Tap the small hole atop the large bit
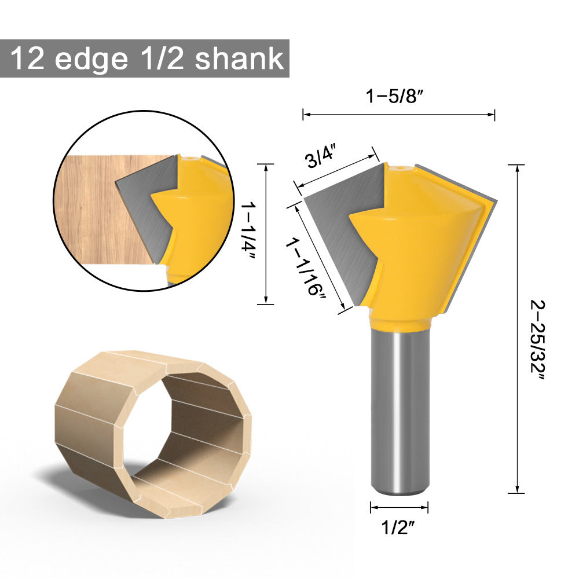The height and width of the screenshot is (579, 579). click(x=399, y=168)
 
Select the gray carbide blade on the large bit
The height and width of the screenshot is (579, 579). click(x=342, y=232)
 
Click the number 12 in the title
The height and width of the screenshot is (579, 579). click(x=27, y=59)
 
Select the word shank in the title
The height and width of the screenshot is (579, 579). click(x=239, y=59)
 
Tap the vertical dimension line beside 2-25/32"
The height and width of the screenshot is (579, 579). click(x=516, y=330)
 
